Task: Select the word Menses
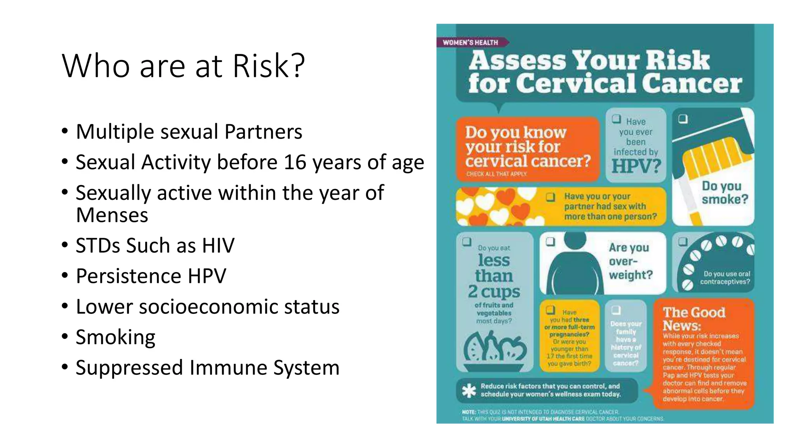112,215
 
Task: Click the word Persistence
128,276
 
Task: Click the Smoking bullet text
115,337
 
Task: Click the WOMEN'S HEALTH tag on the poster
470,43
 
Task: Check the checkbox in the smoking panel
683,119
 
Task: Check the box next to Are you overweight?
550,242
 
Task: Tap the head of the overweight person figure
575,240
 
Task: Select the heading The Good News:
694,319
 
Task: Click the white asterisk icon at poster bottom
469,390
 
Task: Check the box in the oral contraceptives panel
682,242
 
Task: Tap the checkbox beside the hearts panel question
550,197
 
